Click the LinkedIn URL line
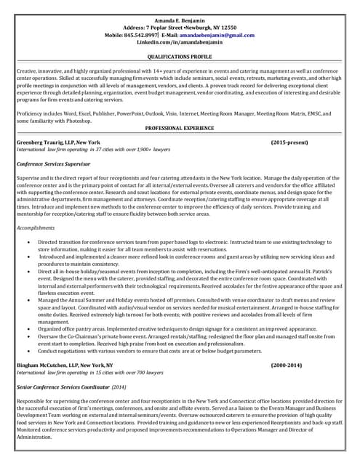180,43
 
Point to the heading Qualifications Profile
180,56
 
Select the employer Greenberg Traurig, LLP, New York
58,142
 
